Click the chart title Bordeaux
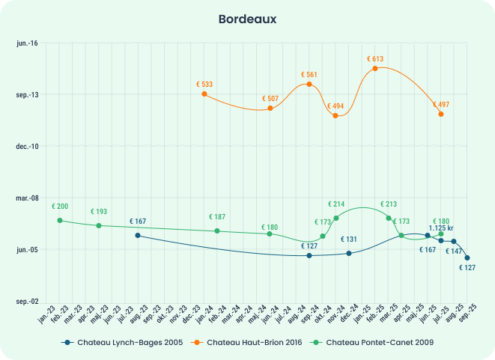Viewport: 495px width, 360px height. [247, 18]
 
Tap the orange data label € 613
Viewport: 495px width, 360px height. [375, 58]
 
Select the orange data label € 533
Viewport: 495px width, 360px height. [204, 85]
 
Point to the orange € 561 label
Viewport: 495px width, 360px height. [309, 75]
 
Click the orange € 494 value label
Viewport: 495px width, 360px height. [335, 106]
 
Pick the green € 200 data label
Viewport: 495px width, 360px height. [60, 206]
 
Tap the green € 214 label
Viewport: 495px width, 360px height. [336, 204]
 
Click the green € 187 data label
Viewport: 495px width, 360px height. [217, 217]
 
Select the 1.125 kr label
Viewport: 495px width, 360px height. [441, 228]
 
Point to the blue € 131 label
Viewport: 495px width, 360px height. [349, 240]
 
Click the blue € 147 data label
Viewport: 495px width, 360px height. [454, 251]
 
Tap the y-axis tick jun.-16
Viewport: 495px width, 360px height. [28, 43]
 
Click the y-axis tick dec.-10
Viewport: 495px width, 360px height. [28, 146]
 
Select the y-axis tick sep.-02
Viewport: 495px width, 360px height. [28, 301]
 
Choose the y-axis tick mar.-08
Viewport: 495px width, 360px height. [28, 198]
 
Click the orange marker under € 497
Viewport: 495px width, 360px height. [441, 114]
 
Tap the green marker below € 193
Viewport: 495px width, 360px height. [99, 225]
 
